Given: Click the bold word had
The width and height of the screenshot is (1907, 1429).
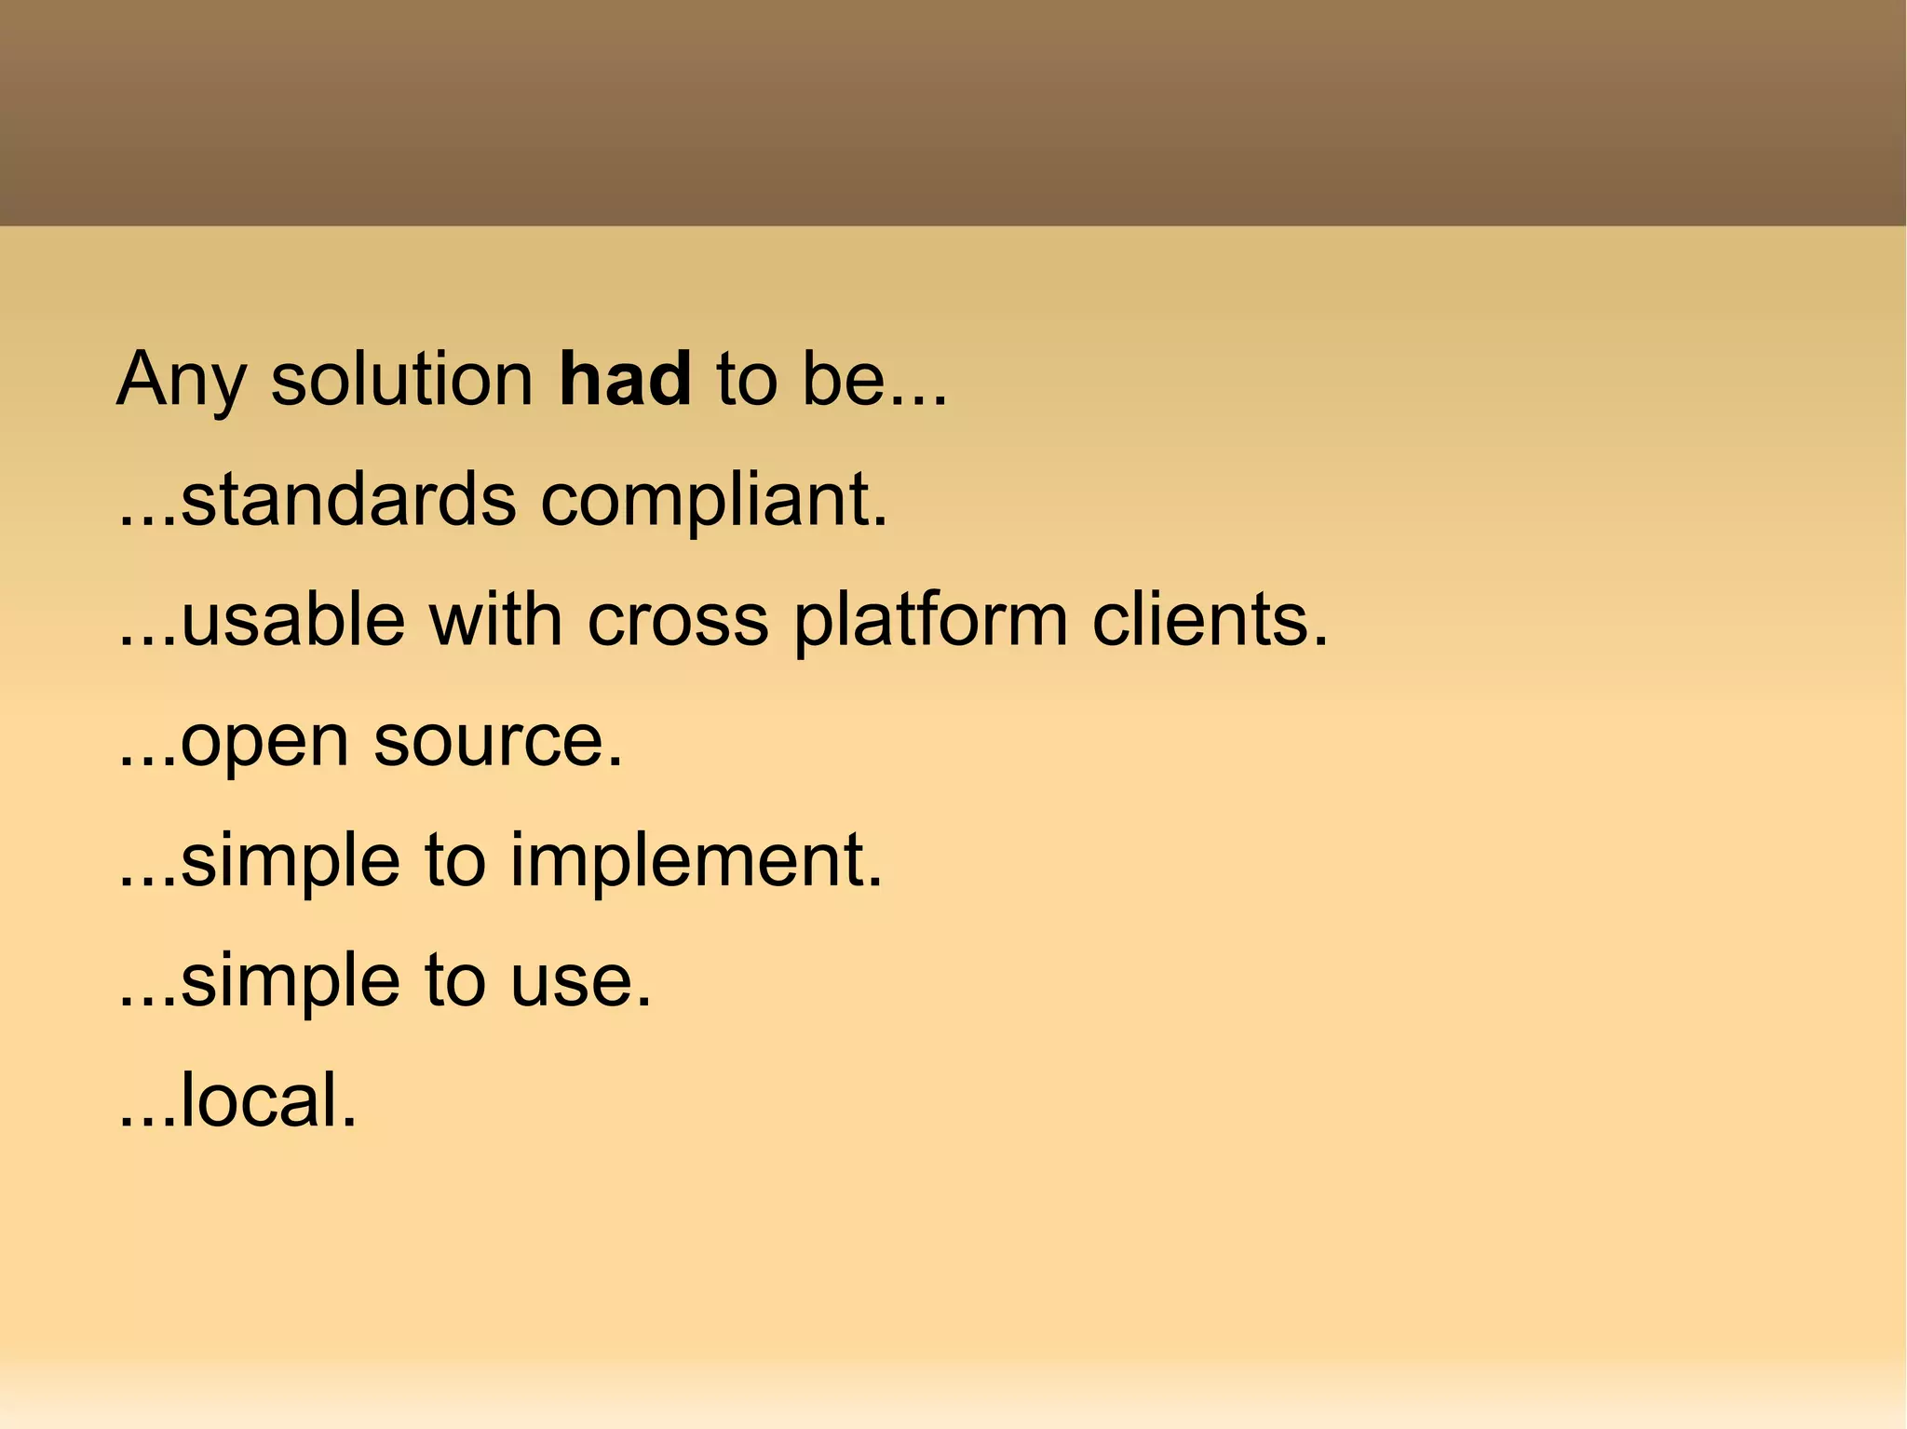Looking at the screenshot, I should (x=625, y=380).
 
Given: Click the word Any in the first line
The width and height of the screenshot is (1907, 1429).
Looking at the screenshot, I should (x=181, y=382).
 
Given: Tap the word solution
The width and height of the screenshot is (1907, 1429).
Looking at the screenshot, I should (x=401, y=380).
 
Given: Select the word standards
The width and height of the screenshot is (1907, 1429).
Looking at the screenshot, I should (x=348, y=500).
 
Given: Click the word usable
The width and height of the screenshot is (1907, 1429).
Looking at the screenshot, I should (x=293, y=620).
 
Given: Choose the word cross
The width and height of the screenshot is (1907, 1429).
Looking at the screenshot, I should (x=678, y=622).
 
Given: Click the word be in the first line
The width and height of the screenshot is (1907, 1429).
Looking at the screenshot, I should (x=841, y=380).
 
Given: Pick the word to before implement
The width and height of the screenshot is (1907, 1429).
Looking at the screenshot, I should (x=455, y=861).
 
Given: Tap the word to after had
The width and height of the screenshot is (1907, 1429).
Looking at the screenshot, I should (x=747, y=380).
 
